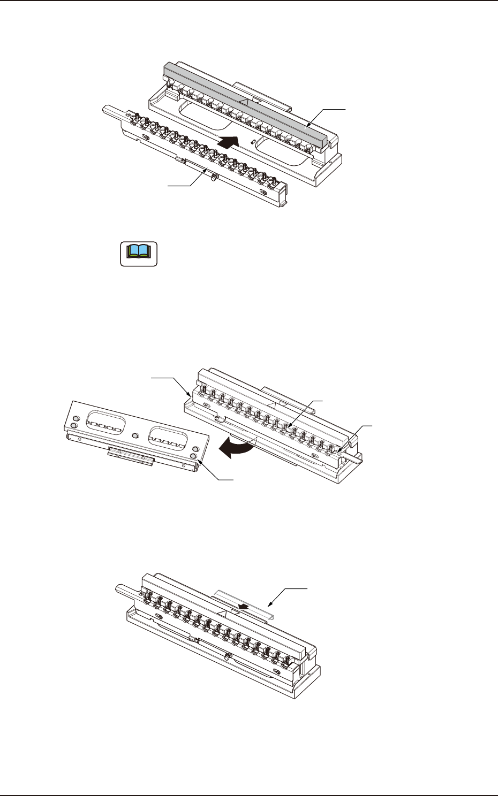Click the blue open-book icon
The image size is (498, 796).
138,253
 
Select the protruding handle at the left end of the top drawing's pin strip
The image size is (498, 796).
113,110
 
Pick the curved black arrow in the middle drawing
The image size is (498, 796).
238,449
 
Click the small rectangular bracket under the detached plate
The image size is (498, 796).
131,455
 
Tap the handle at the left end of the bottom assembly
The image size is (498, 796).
126,589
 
